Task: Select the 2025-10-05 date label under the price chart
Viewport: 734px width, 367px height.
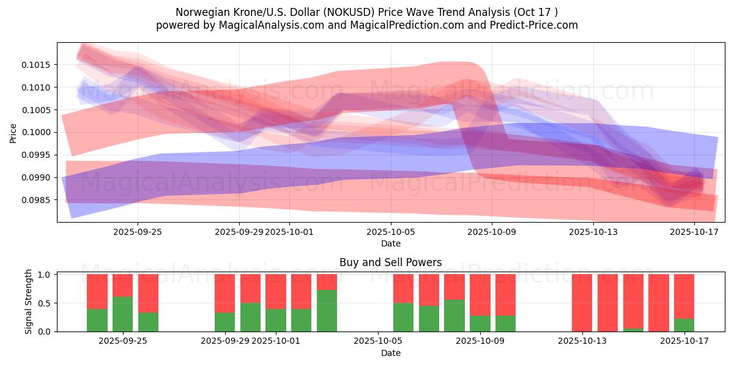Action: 391,232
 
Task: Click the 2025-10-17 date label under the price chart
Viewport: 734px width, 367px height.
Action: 694,232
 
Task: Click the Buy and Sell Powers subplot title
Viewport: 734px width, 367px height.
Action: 390,263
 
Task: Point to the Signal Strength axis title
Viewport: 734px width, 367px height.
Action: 29,302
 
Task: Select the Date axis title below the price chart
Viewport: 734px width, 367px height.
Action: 390,243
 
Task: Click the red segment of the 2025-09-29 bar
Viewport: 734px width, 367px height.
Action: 224,294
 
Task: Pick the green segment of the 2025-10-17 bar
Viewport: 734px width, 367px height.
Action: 684,325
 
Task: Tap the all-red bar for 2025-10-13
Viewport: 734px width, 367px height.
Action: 582,303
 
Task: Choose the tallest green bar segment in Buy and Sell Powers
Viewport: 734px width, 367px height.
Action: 327,311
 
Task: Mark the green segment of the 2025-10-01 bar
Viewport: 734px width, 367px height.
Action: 275,320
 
